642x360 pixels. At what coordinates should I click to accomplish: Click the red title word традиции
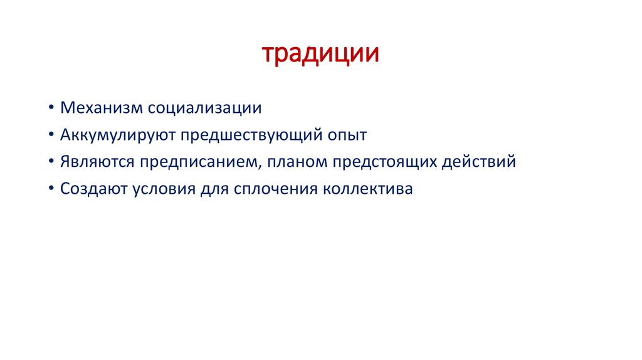point(320,54)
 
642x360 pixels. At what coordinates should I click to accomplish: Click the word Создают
point(94,189)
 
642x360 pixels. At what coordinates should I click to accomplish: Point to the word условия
point(164,189)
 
